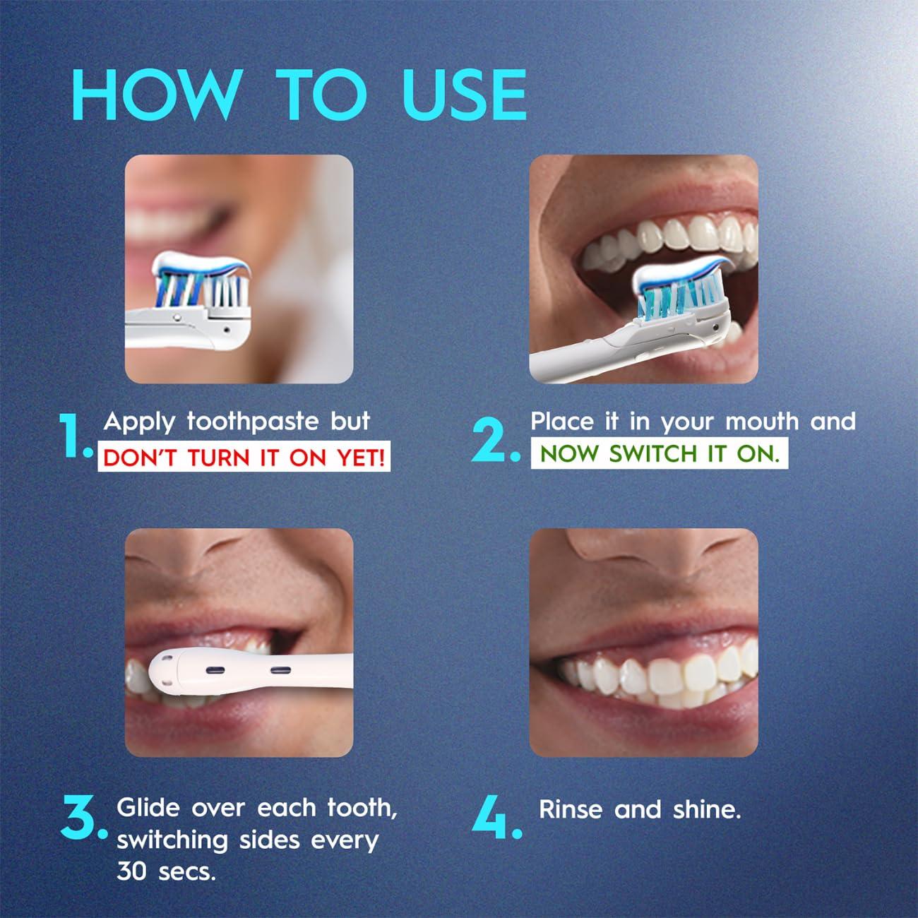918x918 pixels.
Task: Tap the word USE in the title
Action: click(x=465, y=94)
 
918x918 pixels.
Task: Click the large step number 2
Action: click(x=494, y=441)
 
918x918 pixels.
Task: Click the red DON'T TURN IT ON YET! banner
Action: click(x=244, y=458)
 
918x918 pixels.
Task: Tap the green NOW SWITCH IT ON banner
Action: click(x=660, y=453)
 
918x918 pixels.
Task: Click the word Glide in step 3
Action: click(x=149, y=807)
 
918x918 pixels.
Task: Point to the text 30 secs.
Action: click(x=165, y=872)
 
